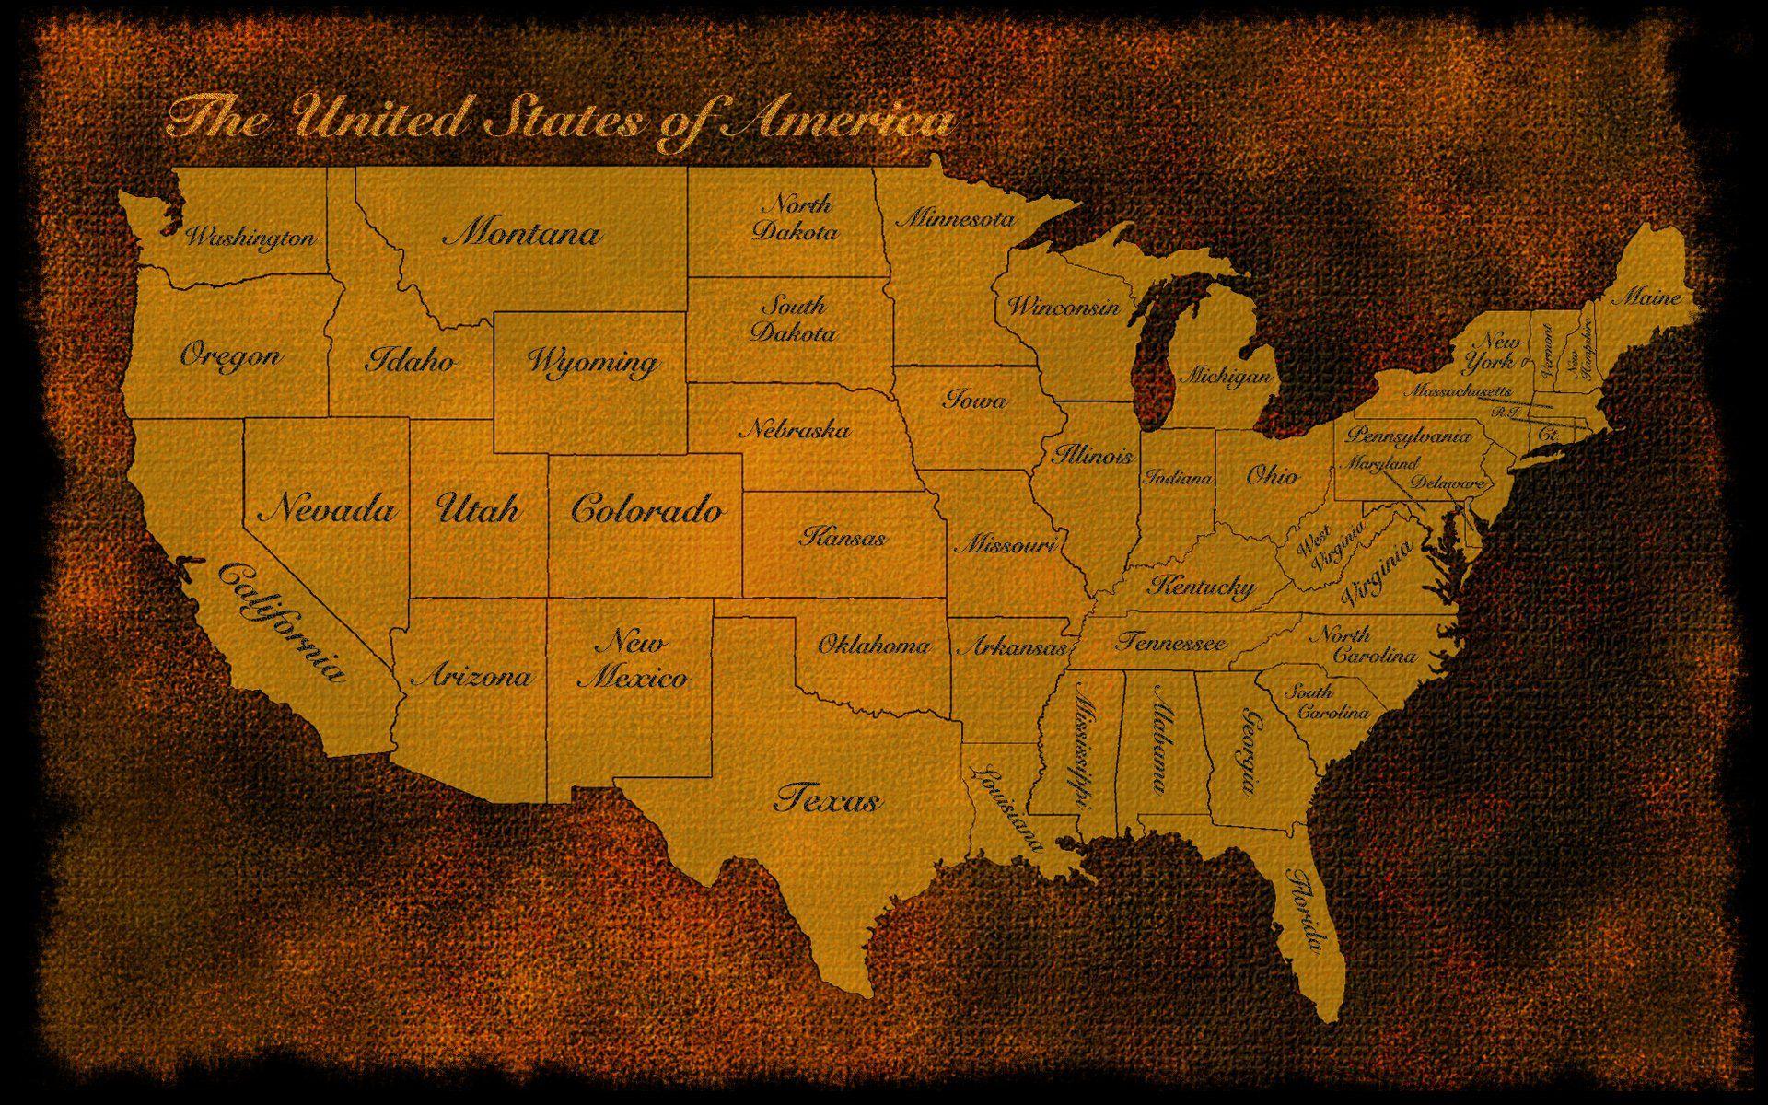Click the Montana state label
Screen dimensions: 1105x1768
click(x=522, y=232)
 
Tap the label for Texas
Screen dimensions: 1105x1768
click(x=828, y=798)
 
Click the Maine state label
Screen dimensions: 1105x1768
click(x=1650, y=297)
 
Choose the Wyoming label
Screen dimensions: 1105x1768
click(x=592, y=361)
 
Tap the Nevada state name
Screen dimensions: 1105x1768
click(x=327, y=509)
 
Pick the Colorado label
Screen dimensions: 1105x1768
click(x=646, y=509)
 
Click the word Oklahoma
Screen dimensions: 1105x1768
click(x=874, y=645)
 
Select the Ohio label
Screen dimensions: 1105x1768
click(x=1273, y=475)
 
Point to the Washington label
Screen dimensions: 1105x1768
click(x=250, y=238)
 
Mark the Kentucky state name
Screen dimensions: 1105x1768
click(x=1202, y=586)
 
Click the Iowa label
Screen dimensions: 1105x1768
click(x=974, y=400)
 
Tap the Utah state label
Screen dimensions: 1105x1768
click(x=477, y=509)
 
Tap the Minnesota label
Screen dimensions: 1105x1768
click(x=955, y=219)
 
